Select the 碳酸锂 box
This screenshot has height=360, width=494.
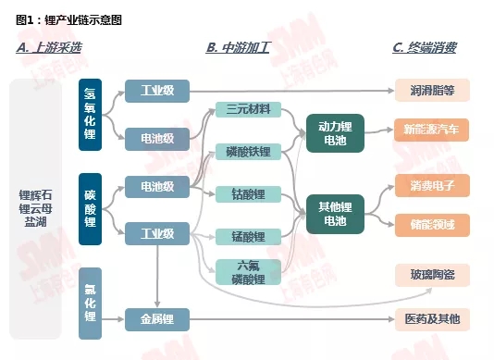(x=90, y=209)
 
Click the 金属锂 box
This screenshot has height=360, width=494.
(x=156, y=319)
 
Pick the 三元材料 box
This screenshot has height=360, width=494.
(x=247, y=110)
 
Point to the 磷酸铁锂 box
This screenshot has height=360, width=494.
(x=247, y=151)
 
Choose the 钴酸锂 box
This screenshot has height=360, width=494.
(x=247, y=193)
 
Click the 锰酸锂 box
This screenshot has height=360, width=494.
(x=247, y=236)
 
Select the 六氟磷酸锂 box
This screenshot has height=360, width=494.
(x=247, y=271)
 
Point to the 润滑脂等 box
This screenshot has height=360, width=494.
(x=432, y=90)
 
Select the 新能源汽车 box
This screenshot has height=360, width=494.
(x=432, y=130)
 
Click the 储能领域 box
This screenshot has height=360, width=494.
(x=432, y=224)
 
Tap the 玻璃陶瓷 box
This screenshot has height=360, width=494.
(x=432, y=274)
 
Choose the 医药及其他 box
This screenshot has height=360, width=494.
(x=432, y=319)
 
